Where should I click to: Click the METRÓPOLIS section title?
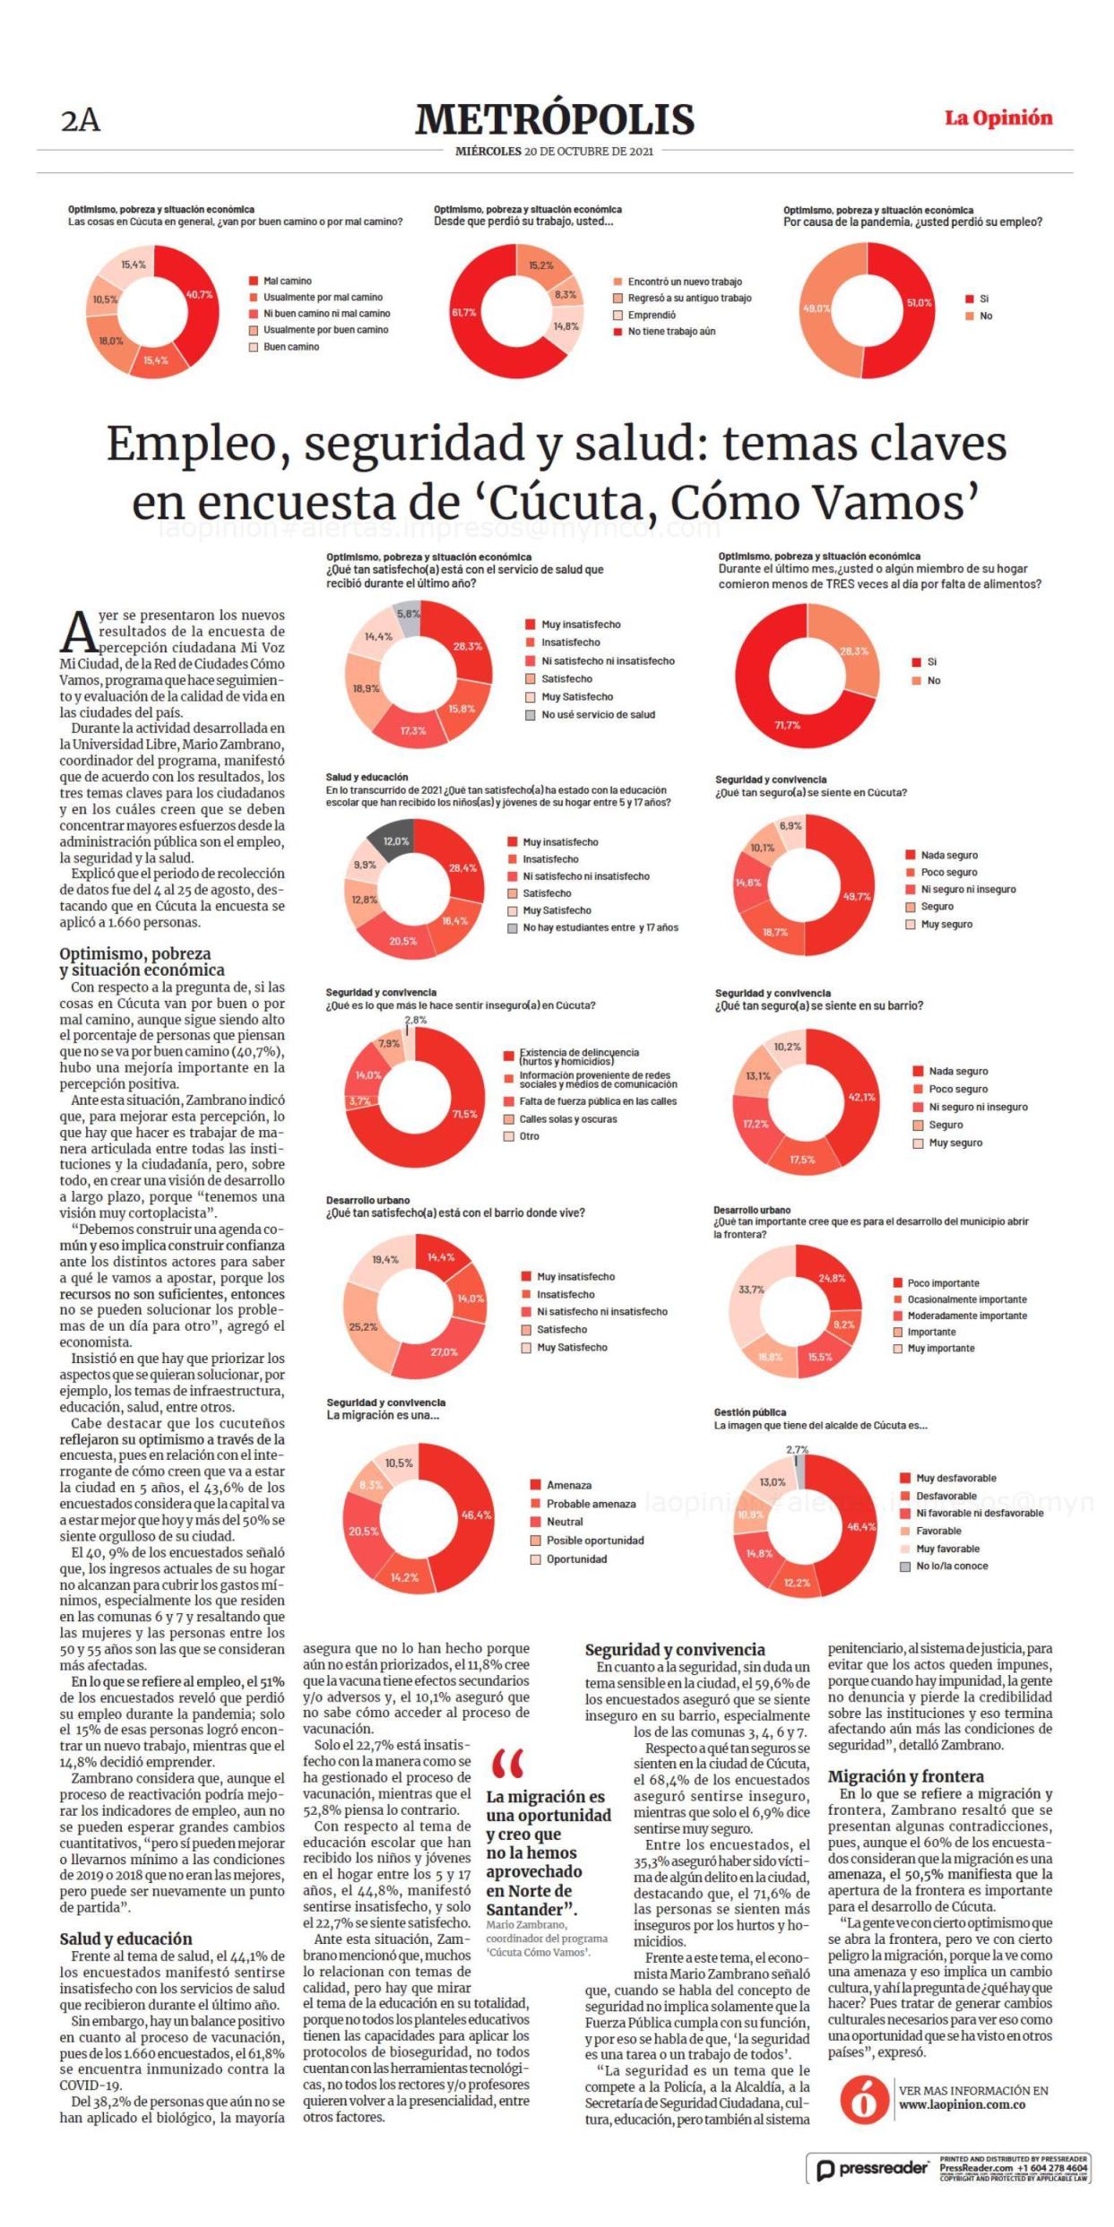click(555, 119)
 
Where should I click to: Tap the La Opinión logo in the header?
click(998, 118)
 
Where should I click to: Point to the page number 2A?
click(81, 121)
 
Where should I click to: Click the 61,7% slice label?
click(464, 313)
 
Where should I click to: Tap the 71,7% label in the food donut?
click(788, 725)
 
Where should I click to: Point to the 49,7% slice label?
click(857, 896)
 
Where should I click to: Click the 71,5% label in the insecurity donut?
click(464, 1115)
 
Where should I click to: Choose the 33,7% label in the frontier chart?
click(751, 1290)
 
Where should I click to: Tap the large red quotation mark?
click(508, 1765)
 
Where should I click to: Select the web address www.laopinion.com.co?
click(963, 2104)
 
